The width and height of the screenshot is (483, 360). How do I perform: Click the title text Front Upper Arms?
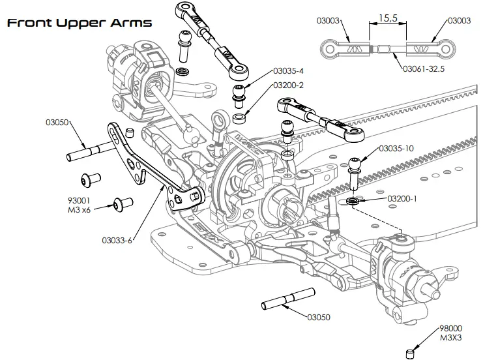79,23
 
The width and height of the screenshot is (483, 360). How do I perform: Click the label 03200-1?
402,198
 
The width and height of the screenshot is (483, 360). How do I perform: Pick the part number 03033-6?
117,240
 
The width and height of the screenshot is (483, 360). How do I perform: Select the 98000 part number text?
450,329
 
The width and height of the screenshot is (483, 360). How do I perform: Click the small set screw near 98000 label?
409,353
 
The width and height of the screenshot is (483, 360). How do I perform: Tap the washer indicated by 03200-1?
353,202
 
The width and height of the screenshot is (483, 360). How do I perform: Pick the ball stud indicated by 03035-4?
241,96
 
